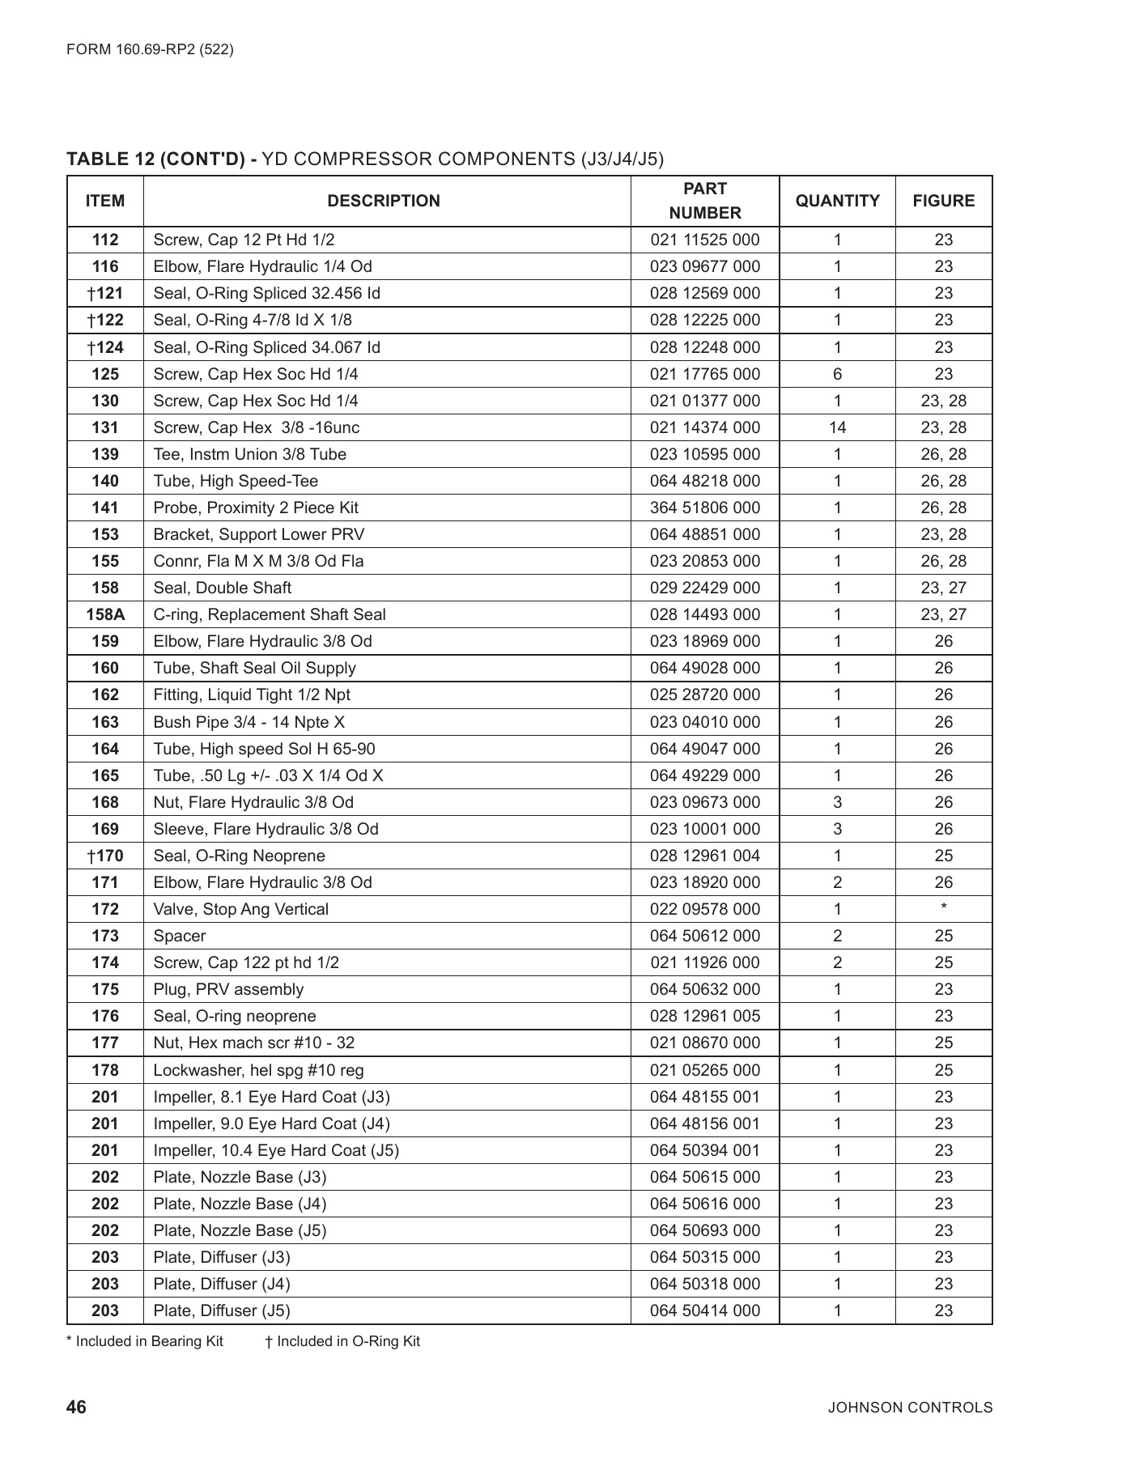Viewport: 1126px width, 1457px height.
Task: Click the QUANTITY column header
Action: [837, 201]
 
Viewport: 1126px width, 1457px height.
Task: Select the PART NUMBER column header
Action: [704, 201]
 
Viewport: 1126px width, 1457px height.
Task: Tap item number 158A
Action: [105, 614]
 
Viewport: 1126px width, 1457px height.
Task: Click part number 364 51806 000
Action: [704, 508]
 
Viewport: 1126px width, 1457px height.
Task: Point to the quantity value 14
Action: [837, 427]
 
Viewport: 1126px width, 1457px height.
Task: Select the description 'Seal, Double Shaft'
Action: [223, 588]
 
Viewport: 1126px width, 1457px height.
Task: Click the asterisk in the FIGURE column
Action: [944, 908]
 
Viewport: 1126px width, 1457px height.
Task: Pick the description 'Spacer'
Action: [180, 936]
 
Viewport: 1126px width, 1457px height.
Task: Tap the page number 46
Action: [76, 1407]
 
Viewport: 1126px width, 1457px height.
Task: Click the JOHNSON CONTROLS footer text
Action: [910, 1408]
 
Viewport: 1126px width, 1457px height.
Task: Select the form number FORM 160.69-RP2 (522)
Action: [150, 49]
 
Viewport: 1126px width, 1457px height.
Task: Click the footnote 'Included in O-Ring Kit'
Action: [342, 1341]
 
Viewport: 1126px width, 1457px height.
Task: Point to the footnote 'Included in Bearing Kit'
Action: [145, 1341]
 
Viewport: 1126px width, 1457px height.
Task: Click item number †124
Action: [105, 347]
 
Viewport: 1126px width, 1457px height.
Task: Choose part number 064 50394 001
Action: [704, 1150]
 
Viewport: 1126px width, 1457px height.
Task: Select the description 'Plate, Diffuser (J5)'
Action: [222, 1310]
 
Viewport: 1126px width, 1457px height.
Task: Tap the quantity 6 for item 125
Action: [837, 374]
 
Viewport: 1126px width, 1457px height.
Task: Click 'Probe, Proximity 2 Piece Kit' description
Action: [256, 508]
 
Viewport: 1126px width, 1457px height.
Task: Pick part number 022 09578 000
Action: [704, 909]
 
